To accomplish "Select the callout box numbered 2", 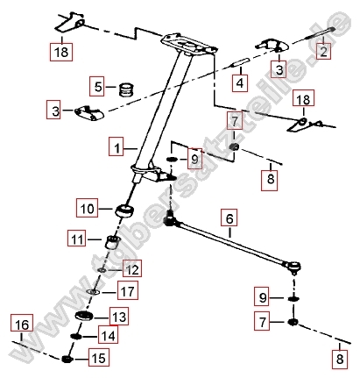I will (x=323, y=53).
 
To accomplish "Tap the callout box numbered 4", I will (x=239, y=83).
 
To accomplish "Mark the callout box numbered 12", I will (x=131, y=269).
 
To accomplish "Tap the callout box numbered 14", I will (x=109, y=336).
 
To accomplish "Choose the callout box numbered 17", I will (x=128, y=291).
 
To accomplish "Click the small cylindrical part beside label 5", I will (x=125, y=88).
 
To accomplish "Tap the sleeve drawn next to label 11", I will (x=111, y=242).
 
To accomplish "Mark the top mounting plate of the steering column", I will (x=190, y=42).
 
